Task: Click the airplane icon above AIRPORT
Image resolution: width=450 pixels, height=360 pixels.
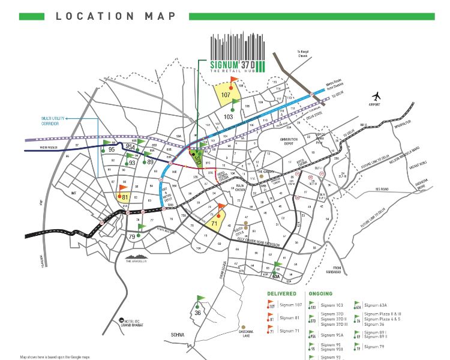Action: [x=377, y=96]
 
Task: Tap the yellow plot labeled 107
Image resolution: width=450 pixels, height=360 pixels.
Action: [x=226, y=95]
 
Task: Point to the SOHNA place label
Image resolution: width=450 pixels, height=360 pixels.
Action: [x=193, y=336]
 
